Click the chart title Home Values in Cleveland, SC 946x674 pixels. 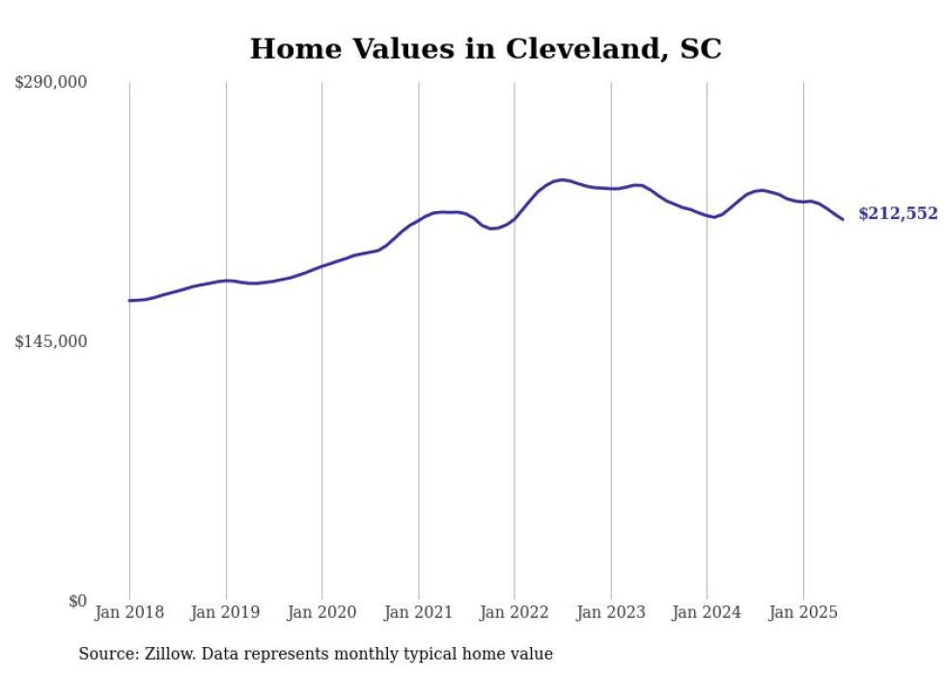[486, 49]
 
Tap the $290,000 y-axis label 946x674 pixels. [50, 83]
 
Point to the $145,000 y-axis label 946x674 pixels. [50, 341]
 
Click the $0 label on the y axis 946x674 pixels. [77, 601]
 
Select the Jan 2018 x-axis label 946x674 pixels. [129, 612]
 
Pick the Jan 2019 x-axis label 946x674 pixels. [226, 612]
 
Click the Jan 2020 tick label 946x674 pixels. [322, 612]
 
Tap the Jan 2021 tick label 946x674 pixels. [418, 612]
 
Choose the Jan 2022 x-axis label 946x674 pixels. [515, 612]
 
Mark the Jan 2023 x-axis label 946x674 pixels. [611, 612]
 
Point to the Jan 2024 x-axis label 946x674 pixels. [707, 612]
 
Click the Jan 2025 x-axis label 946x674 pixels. [803, 612]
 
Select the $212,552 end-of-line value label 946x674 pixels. [898, 214]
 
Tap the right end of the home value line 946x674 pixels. [843, 219]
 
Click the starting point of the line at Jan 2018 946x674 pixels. [129, 301]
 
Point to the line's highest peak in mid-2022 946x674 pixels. [561, 179]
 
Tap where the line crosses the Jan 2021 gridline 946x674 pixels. [418, 220]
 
